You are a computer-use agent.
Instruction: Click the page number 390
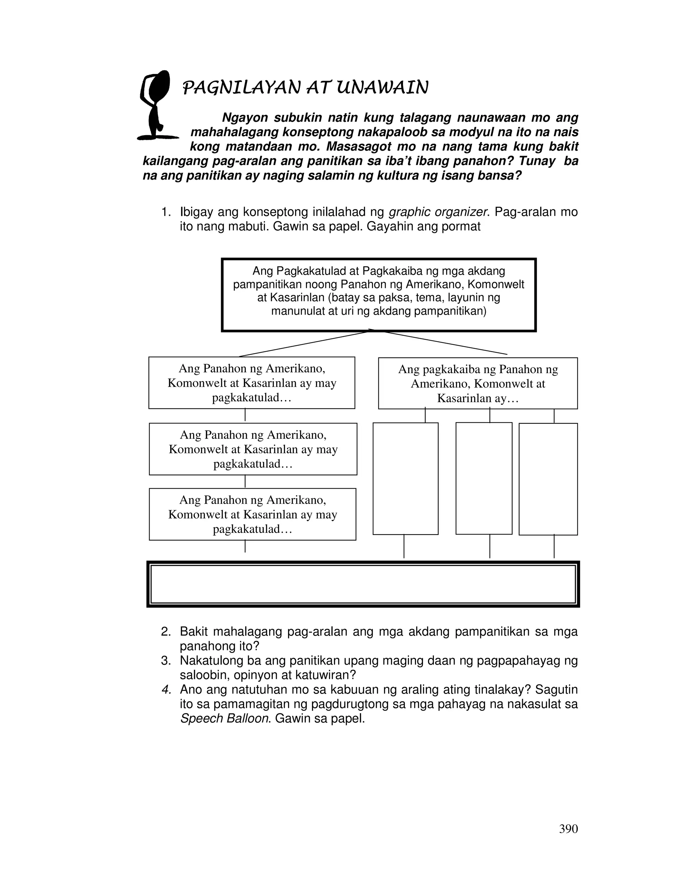click(568, 829)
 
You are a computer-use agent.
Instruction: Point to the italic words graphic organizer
click(438, 212)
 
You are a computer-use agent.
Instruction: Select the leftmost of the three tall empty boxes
click(405, 479)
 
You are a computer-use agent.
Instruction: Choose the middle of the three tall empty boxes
click(484, 479)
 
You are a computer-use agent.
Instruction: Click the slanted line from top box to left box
click(303, 344)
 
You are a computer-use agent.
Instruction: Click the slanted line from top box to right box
click(445, 343)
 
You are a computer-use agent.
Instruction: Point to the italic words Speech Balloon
click(224, 719)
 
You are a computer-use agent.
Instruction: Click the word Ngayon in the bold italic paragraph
click(245, 118)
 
